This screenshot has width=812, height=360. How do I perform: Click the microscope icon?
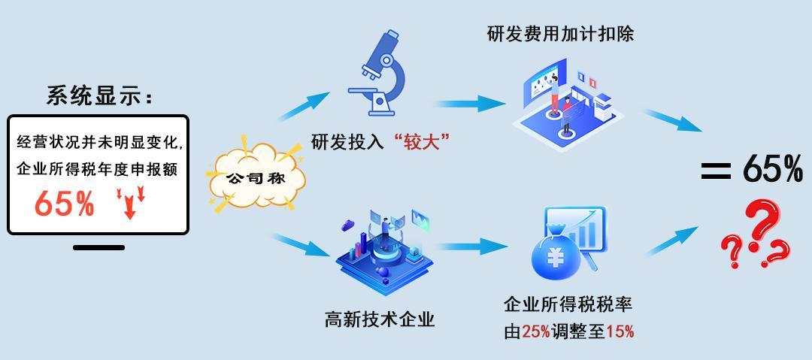377,72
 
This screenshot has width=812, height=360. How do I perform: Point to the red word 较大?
421,141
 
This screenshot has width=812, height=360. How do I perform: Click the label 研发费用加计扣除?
561,34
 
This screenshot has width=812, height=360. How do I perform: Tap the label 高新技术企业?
380,319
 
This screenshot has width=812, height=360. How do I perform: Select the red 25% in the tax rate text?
535,331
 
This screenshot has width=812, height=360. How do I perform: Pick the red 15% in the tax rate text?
620,331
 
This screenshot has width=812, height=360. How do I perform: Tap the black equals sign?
717,171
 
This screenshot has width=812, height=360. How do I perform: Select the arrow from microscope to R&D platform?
471,104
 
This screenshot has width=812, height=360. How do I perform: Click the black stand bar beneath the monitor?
98,247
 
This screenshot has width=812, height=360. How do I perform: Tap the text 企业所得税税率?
568,304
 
